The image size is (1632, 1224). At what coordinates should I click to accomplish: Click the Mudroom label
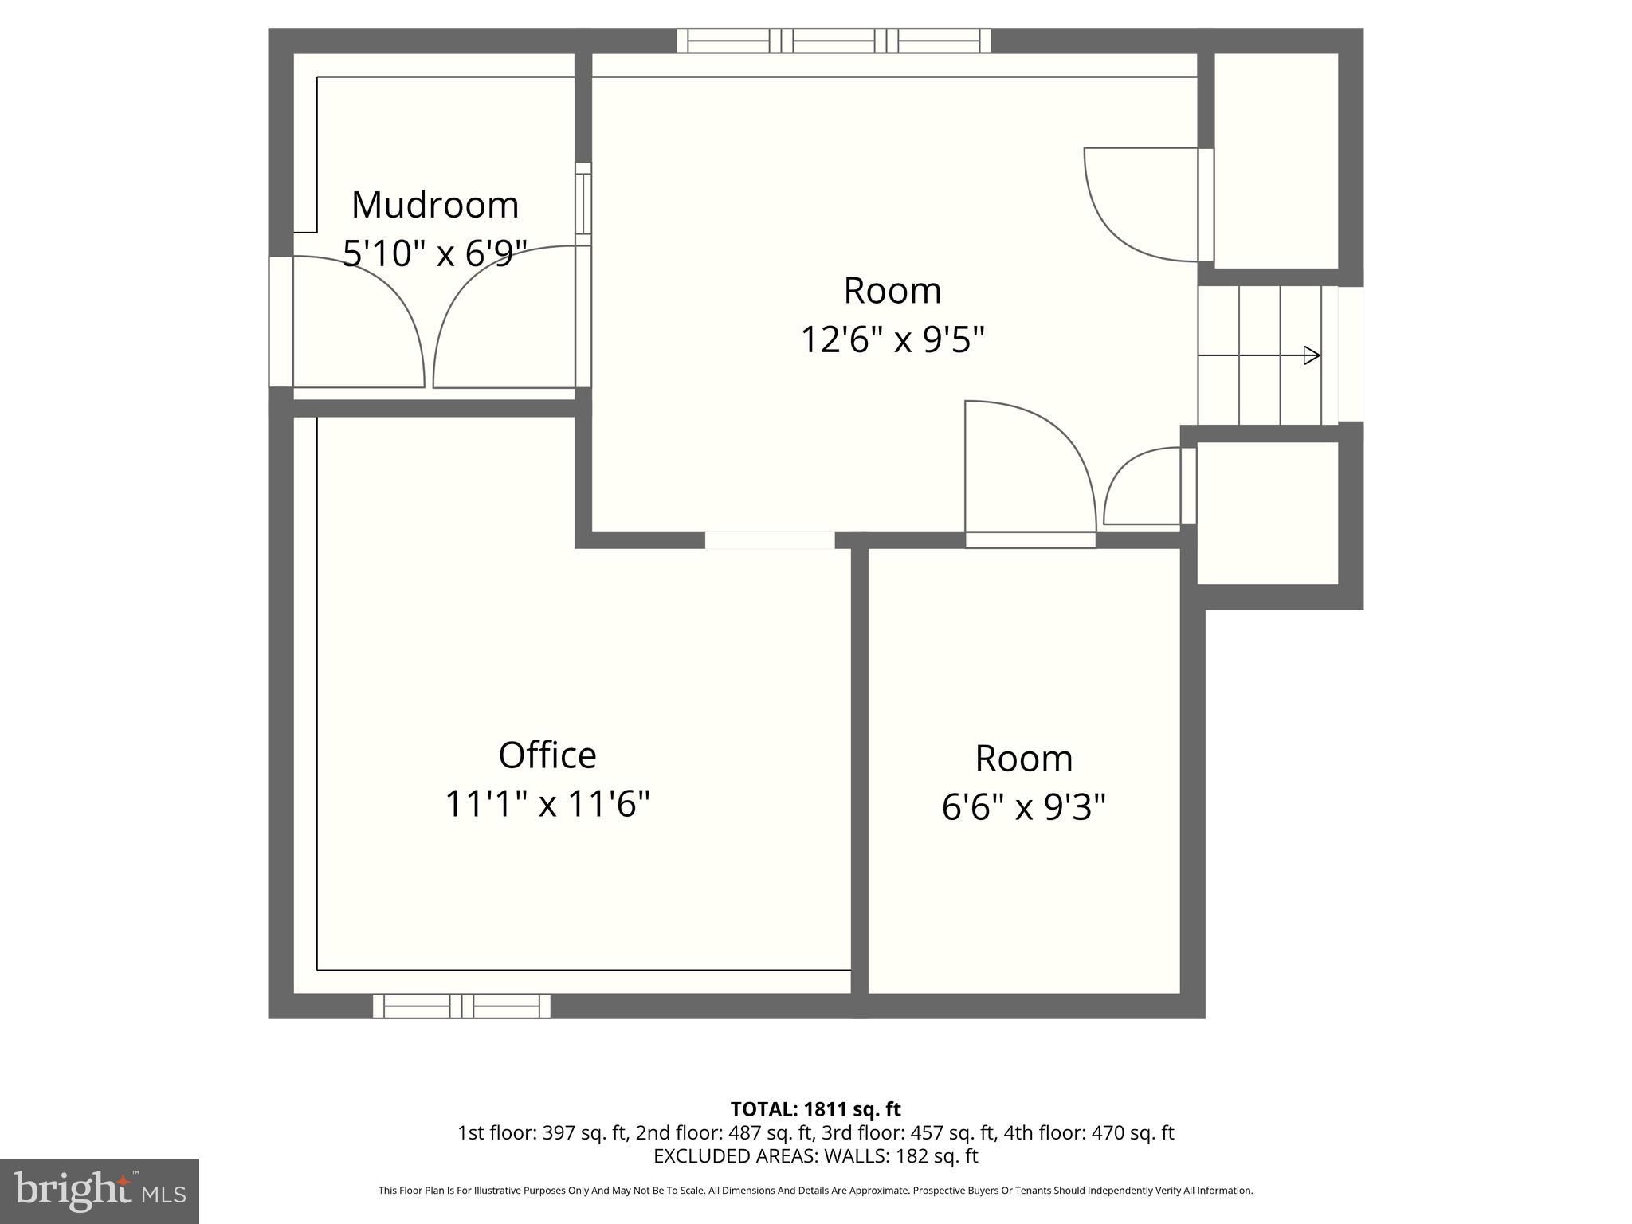click(435, 205)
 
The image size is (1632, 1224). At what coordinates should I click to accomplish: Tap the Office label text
click(547, 755)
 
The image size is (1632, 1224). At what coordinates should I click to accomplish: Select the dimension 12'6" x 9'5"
click(892, 340)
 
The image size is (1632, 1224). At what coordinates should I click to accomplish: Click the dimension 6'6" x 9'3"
click(1023, 807)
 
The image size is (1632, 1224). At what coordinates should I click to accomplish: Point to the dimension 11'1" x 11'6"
click(547, 804)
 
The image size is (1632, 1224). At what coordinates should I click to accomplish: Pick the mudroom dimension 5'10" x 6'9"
click(435, 254)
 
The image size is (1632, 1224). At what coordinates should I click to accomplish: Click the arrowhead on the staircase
click(1311, 355)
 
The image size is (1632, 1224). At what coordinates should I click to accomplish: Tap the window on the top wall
click(834, 41)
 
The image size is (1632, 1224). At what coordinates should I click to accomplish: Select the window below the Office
click(461, 1006)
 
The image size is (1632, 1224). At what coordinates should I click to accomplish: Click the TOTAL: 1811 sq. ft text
click(815, 1109)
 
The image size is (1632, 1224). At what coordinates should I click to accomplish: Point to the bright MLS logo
click(99, 1191)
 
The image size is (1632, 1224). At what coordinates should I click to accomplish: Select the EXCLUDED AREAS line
click(815, 1155)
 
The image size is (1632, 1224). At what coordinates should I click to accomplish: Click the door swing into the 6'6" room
click(1028, 470)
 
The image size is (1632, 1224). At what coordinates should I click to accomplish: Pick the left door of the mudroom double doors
click(359, 323)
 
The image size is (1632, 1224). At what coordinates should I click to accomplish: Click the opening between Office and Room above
click(770, 540)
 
